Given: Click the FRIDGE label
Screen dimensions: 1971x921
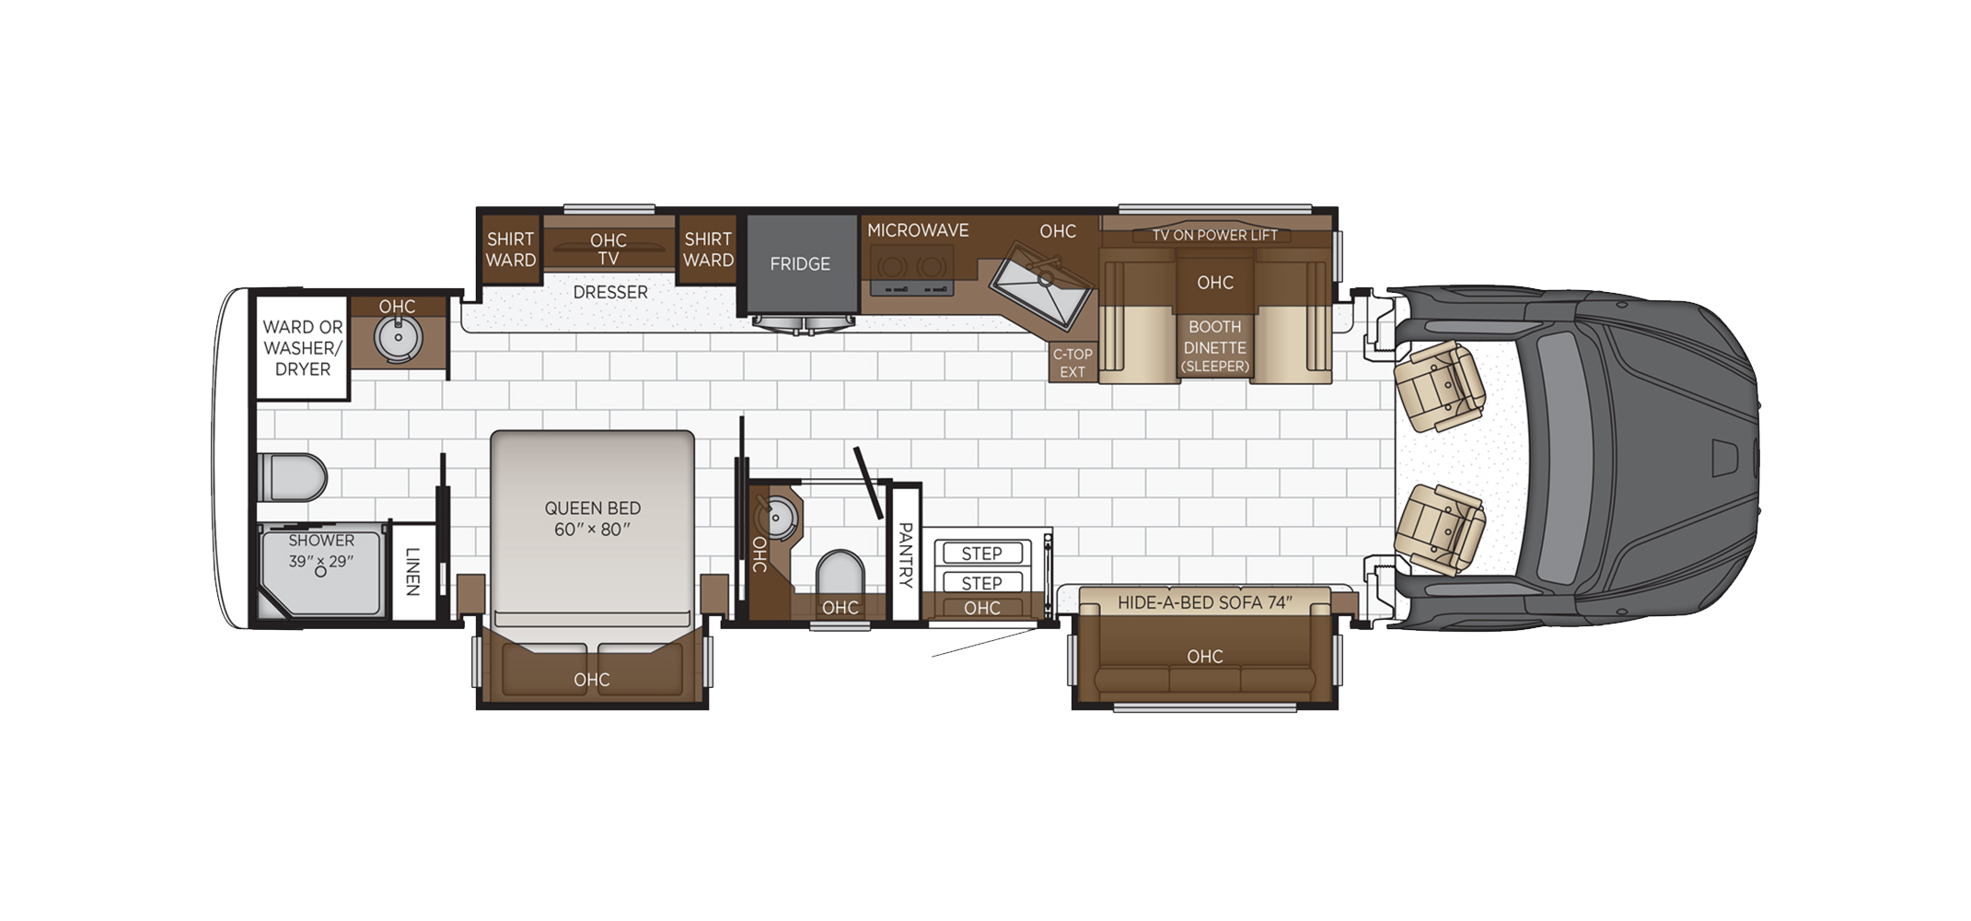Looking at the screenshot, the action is pyautogui.click(x=800, y=264).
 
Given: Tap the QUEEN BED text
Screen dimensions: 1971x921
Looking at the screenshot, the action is pyautogui.click(x=592, y=507).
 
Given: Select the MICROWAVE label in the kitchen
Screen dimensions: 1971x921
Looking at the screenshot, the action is pyautogui.click(x=918, y=230).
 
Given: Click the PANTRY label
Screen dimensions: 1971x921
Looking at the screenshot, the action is pyautogui.click(x=905, y=554).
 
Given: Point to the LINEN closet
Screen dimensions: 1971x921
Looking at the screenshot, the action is pyautogui.click(x=412, y=571).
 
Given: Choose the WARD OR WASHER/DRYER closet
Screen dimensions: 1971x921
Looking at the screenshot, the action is pyautogui.click(x=302, y=348).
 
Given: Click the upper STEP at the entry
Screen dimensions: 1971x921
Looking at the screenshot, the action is pyautogui.click(x=981, y=553).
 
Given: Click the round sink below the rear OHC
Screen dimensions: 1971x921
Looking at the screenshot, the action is pyautogui.click(x=398, y=337).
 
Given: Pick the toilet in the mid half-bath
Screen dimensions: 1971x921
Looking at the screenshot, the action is pyautogui.click(x=840, y=574).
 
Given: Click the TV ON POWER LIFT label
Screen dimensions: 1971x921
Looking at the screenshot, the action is pyautogui.click(x=1215, y=236).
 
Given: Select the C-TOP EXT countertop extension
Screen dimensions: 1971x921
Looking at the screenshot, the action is pyautogui.click(x=1072, y=363).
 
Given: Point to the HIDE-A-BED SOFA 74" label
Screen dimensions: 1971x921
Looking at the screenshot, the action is pyautogui.click(x=1205, y=602).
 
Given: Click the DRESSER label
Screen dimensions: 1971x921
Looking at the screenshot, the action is pyautogui.click(x=610, y=292).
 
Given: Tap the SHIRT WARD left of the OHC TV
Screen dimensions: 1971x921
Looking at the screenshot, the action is pyautogui.click(x=510, y=250).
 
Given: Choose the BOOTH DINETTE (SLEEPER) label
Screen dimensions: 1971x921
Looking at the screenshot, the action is pyautogui.click(x=1215, y=347).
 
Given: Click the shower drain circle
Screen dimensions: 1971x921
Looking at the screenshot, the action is pyautogui.click(x=320, y=572).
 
